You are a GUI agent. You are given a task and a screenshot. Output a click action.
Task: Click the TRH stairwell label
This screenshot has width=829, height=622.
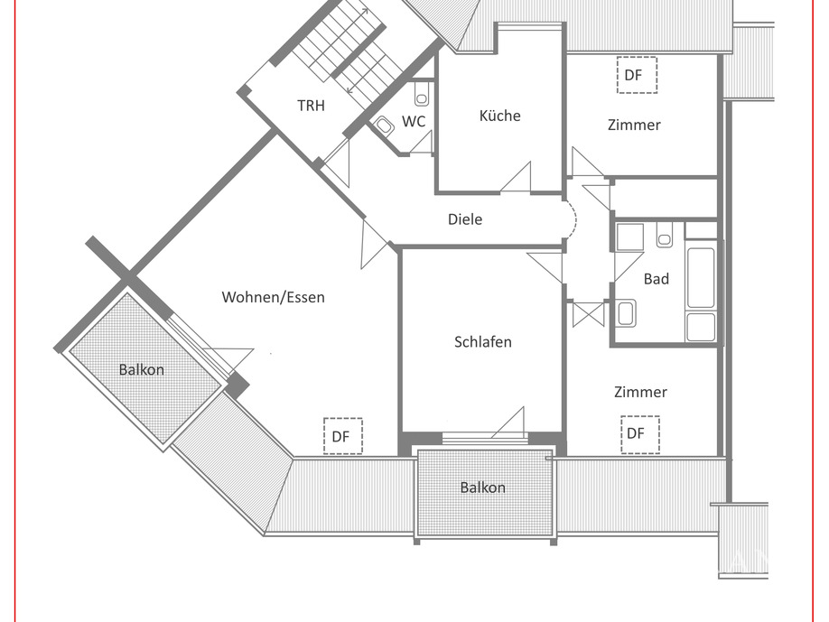[311, 106]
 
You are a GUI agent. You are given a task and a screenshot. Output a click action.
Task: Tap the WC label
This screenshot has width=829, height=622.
[414, 121]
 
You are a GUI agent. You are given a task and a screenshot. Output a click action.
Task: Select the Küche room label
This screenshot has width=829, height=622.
[499, 116]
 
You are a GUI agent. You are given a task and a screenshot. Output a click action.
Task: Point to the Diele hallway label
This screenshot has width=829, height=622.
[465, 219]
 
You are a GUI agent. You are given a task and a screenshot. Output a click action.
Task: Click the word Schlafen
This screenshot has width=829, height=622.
[482, 342]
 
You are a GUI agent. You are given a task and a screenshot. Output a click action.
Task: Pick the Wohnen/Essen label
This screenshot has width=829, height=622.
[273, 297]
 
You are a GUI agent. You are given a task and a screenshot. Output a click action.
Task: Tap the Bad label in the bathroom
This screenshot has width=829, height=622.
[657, 279]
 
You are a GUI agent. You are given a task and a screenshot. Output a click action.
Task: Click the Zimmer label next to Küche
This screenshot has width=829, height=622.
[634, 125]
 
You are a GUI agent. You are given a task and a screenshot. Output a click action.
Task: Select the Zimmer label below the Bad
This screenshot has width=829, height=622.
[640, 392]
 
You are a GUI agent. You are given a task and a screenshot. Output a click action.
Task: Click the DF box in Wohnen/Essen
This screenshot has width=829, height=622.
[342, 436]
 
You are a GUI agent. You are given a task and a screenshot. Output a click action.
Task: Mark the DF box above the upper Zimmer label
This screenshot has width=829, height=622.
[637, 75]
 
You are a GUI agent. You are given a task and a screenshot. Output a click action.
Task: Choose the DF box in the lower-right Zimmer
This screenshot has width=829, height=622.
[639, 433]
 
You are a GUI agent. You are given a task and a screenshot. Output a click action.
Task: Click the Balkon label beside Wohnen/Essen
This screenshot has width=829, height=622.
[142, 369]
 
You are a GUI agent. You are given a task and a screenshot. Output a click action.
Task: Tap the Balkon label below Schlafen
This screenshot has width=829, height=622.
[482, 487]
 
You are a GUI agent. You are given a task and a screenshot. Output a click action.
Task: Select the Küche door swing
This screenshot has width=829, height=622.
[518, 179]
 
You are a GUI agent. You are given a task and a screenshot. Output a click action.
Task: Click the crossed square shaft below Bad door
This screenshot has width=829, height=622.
[588, 313]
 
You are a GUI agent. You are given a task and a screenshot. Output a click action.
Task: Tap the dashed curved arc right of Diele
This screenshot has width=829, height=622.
[570, 219]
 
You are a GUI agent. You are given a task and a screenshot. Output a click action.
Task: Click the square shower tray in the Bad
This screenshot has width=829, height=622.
[629, 237]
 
